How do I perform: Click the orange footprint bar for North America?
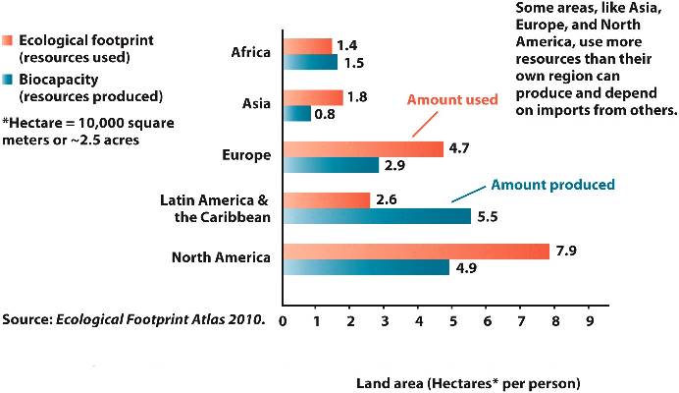tap(417, 252)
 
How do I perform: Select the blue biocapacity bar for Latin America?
tap(377, 216)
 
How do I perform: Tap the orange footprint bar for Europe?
tap(363, 149)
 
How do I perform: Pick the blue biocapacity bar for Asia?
tap(297, 114)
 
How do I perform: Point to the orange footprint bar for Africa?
tap(307, 46)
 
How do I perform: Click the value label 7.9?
tap(567, 252)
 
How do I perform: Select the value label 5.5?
tap(488, 216)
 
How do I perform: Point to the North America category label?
tap(221, 258)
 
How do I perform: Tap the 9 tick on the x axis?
tap(590, 320)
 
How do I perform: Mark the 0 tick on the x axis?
tap(283, 320)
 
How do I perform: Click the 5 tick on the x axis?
tap(453, 320)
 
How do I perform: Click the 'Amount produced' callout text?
tap(552, 184)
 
